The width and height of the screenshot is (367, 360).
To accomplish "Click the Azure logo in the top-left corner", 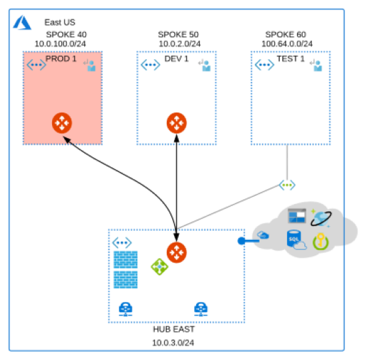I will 22,23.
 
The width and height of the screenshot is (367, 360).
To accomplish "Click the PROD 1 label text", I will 61,59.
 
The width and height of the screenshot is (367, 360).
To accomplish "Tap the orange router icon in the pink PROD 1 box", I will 61,123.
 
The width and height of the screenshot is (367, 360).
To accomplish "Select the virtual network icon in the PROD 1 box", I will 36,65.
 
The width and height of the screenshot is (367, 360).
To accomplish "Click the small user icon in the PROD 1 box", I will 89,65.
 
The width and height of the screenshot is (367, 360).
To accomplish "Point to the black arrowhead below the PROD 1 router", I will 67,140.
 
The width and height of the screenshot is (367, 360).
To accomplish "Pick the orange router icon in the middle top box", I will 176,123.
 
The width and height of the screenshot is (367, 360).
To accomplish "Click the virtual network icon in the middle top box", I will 150,65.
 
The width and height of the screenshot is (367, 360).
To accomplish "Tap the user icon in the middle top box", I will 204,65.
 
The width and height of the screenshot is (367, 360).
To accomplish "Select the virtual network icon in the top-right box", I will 264,65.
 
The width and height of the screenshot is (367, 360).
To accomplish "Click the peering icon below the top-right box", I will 288,185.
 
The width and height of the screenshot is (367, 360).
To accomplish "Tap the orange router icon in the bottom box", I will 176,252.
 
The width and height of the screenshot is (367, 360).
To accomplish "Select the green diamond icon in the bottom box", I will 159,267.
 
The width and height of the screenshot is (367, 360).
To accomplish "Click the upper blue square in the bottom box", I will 125,260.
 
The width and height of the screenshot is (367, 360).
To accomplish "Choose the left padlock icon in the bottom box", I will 124,309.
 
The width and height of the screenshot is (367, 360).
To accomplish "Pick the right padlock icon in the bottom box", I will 200,309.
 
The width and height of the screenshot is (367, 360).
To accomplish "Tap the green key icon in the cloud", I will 321,241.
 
